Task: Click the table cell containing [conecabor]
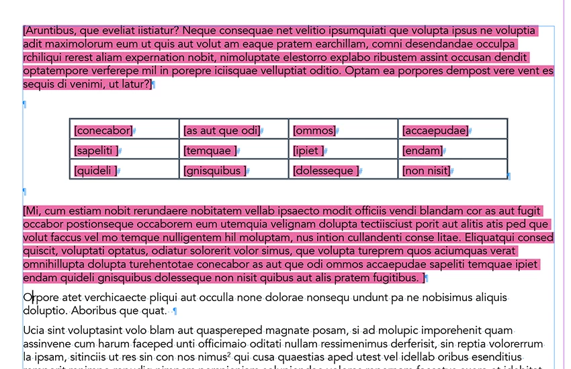pos(125,130)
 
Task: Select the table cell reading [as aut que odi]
pos(234,130)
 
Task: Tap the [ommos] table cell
pos(344,130)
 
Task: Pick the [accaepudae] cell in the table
pos(453,130)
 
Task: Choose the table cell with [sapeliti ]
pos(125,151)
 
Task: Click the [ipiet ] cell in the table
pos(344,151)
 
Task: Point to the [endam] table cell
pos(453,151)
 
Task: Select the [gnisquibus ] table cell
pos(234,171)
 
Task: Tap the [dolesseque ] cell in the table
pos(344,171)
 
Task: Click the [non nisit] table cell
pos(453,171)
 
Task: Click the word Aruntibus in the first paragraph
pos(50,31)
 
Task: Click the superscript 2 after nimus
pos(229,354)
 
